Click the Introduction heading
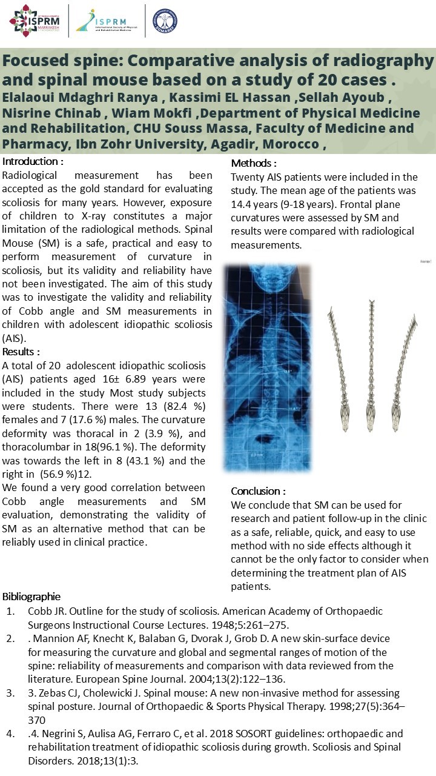tap(33, 162)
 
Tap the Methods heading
tap(254, 164)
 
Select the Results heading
tap(22, 352)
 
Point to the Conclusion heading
tap(259, 491)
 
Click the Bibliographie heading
tap(31, 597)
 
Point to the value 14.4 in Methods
tap(242, 204)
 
